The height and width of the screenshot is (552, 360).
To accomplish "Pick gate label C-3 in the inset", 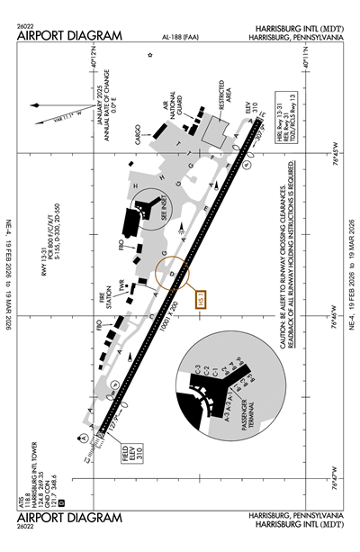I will [195, 369].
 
